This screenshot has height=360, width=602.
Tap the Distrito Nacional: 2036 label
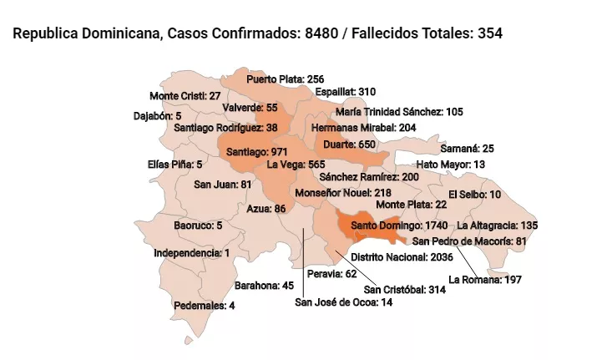(x=402, y=256)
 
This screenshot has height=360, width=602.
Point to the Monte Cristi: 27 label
(x=185, y=96)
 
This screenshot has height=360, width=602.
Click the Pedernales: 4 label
(x=205, y=306)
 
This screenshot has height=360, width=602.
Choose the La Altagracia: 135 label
(x=498, y=226)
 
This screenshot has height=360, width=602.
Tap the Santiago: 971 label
(x=258, y=153)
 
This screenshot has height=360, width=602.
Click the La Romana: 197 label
(x=485, y=279)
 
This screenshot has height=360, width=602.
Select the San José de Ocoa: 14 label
(x=343, y=302)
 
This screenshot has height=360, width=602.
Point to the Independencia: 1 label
(x=192, y=252)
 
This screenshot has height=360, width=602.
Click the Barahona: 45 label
(x=264, y=286)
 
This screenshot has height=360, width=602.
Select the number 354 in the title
(x=489, y=34)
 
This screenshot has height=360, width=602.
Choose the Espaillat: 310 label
(x=346, y=91)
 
